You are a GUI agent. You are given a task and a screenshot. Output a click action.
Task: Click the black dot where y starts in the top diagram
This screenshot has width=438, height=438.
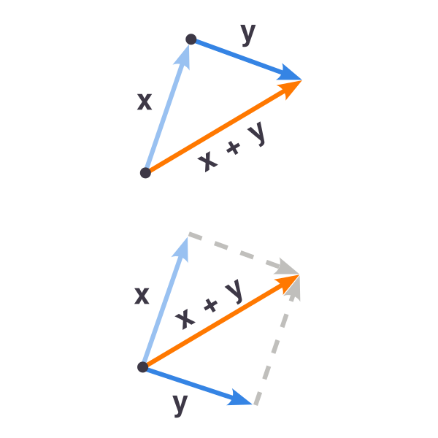(191, 39)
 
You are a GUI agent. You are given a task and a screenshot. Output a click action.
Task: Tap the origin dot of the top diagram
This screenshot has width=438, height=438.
(145, 172)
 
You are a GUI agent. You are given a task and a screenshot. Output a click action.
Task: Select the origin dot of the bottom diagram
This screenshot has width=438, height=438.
(143, 366)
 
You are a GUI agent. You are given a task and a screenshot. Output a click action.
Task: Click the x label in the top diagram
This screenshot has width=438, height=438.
(145, 101)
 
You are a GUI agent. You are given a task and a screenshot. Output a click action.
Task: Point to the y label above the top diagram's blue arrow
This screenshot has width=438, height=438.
(248, 34)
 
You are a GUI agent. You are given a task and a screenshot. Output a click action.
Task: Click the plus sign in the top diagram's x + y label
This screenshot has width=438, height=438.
(234, 147)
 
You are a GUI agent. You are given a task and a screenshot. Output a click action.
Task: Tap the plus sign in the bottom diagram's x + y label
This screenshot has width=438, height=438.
(211, 305)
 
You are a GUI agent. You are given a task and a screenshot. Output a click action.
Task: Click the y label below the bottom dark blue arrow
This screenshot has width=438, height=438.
(180, 406)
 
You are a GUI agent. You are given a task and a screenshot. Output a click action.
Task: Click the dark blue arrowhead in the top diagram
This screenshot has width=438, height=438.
(289, 73)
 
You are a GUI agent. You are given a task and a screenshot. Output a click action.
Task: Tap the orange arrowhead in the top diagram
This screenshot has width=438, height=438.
(291, 88)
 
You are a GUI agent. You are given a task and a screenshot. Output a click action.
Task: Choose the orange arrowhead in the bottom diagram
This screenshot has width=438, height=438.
(288, 283)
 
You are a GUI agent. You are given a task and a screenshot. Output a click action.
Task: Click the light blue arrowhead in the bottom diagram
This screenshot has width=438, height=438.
(182, 250)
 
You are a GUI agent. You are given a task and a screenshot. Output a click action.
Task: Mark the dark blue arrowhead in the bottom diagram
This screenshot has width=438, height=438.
(239, 398)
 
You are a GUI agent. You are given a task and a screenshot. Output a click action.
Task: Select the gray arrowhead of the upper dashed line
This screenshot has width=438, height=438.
(287, 267)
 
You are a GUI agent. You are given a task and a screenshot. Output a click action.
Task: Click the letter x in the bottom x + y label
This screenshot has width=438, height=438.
(185, 319)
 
